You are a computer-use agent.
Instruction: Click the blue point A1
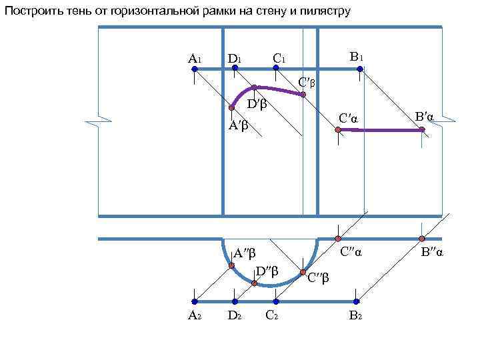pos(194,69)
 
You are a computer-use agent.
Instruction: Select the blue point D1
pos(233,69)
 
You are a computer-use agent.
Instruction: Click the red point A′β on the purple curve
pos(231,107)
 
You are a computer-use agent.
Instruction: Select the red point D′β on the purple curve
pos(255,87)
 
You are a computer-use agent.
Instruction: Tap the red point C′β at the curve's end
pos(303,95)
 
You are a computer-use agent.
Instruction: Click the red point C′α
pos(338,130)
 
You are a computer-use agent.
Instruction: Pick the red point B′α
pos(422,130)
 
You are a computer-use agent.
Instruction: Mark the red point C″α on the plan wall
pos(338,238)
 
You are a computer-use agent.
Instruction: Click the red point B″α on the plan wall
pos(422,238)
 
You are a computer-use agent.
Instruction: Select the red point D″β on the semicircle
pos(255,283)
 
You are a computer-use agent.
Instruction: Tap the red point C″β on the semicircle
pos(303,273)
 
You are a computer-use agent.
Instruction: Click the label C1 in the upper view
pos(279,59)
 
